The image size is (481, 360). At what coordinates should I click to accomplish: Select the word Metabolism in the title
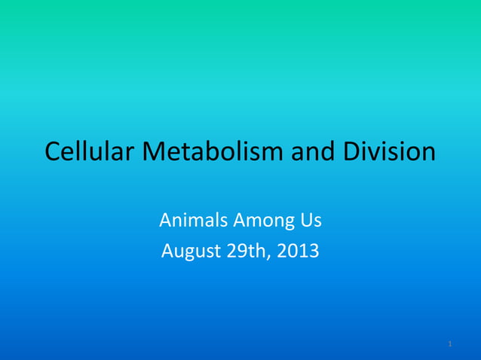click(x=212, y=152)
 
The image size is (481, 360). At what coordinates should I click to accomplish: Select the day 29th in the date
click(x=244, y=250)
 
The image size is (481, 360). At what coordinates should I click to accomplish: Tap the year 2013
click(x=298, y=250)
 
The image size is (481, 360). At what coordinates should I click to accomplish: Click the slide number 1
click(x=449, y=344)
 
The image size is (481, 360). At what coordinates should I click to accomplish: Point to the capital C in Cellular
click(x=53, y=152)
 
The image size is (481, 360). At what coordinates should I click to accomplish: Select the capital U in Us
click(x=306, y=221)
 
